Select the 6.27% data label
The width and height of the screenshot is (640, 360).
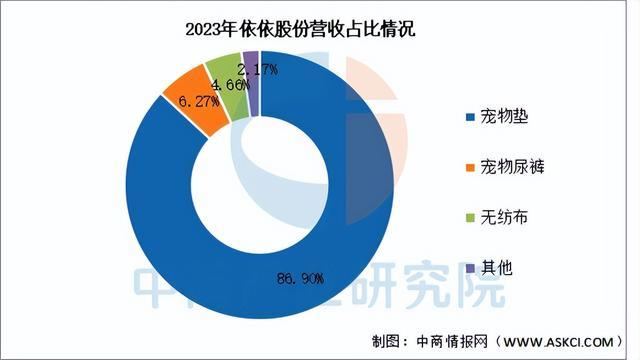click(199, 101)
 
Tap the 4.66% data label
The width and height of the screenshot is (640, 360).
click(229, 85)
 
